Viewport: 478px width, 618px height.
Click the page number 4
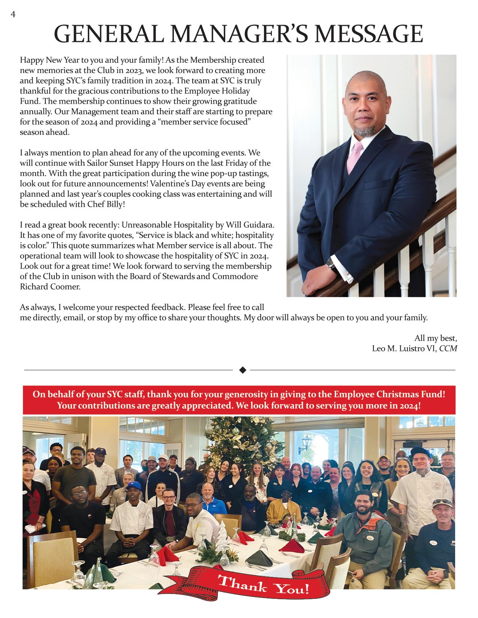pyautogui.click(x=13, y=14)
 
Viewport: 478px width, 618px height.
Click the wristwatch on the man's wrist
pyautogui.click(x=331, y=264)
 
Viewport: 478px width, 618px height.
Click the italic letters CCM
pyautogui.click(x=448, y=348)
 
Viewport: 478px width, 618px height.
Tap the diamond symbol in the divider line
pyautogui.click(x=242, y=370)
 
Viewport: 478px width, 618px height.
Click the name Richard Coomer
pyautogui.click(x=50, y=287)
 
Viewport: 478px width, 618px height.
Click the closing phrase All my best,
pyautogui.click(x=436, y=338)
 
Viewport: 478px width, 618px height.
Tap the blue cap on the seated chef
pyautogui.click(x=133, y=486)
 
